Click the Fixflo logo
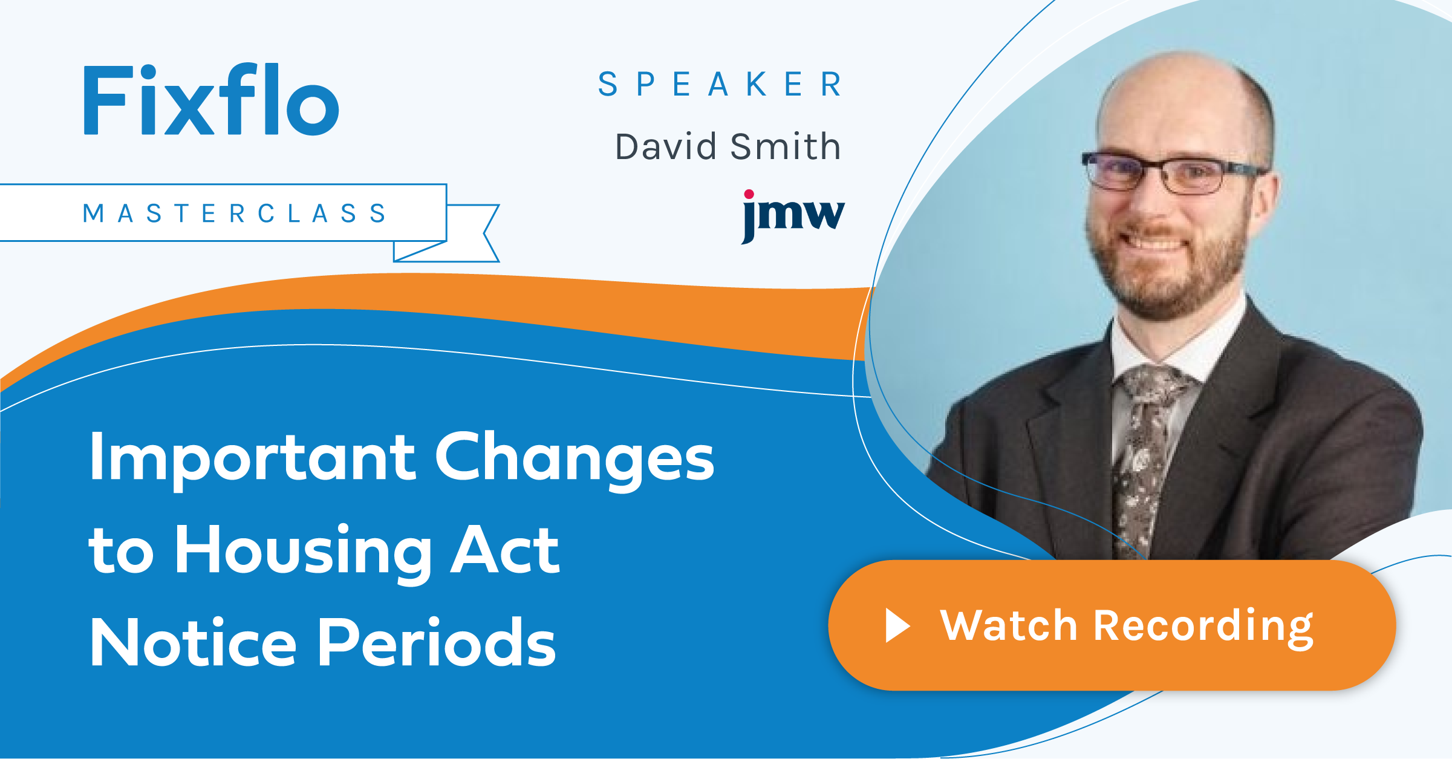[x=210, y=100]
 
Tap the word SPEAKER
[x=720, y=84]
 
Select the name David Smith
[x=728, y=147]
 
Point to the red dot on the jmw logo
[x=749, y=194]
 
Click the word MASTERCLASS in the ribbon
[x=235, y=213]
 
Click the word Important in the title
[x=252, y=458]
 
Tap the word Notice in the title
[x=193, y=642]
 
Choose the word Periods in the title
[x=436, y=642]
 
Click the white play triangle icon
[x=897, y=625]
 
